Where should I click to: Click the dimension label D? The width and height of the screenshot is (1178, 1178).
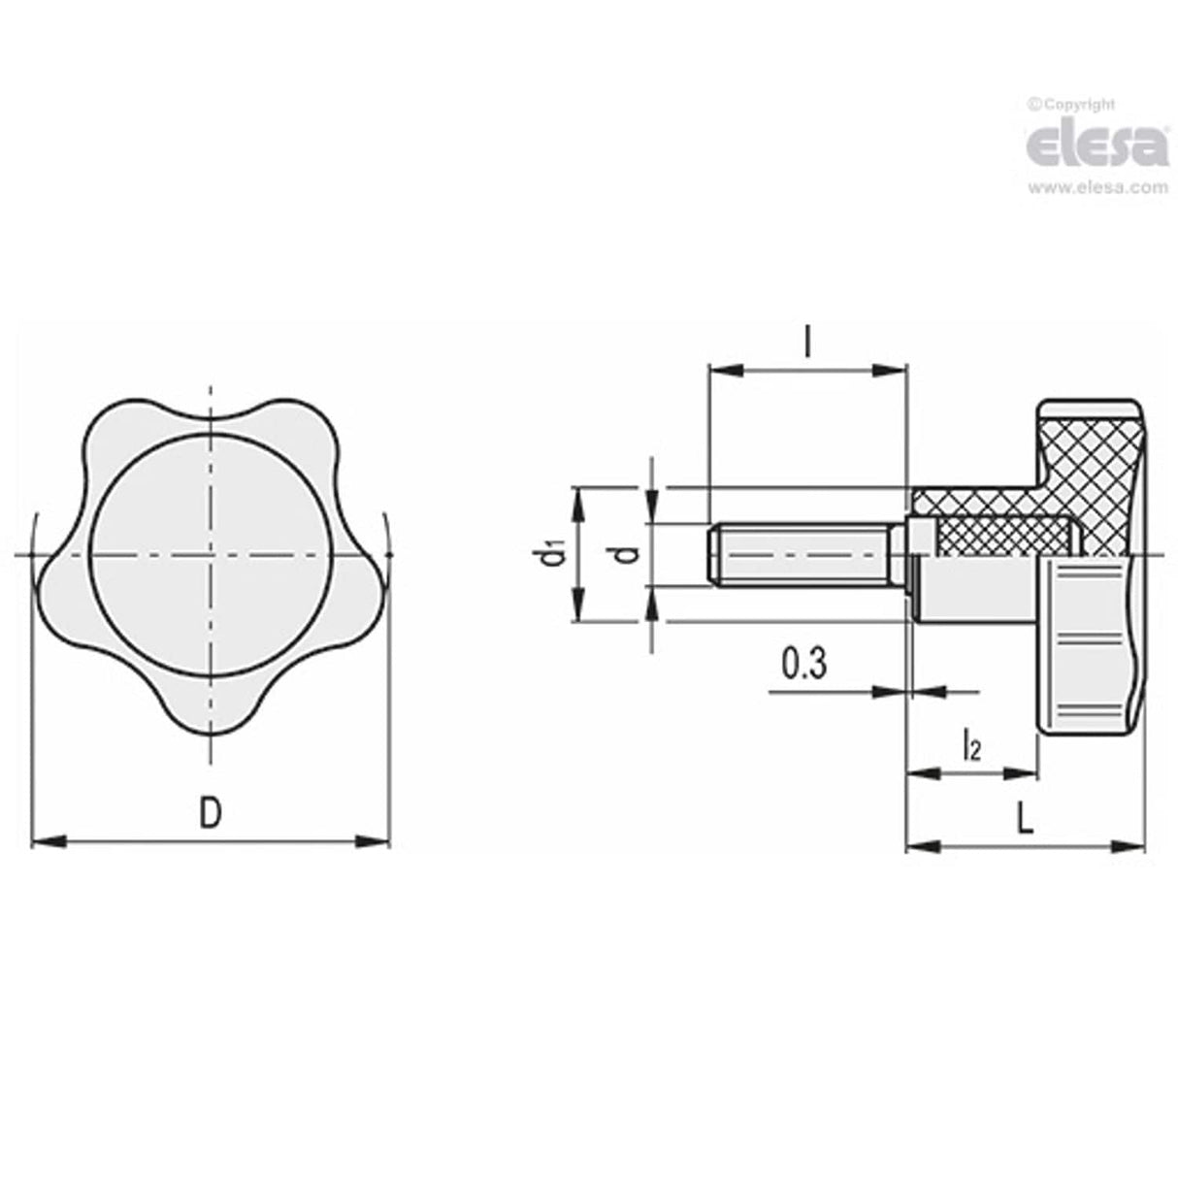click(x=210, y=812)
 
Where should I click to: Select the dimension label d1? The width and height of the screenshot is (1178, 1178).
click(x=553, y=555)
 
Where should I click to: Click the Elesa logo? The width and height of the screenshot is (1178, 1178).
click(x=1096, y=145)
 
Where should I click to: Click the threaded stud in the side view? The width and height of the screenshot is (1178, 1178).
click(x=805, y=555)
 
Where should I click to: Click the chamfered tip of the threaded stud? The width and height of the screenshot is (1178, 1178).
click(x=715, y=555)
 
